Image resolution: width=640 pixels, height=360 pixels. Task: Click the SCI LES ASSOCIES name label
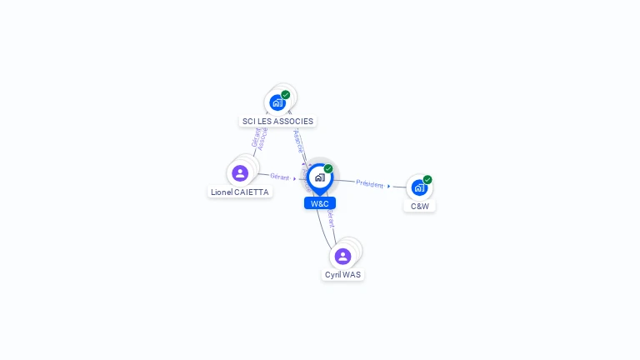277,121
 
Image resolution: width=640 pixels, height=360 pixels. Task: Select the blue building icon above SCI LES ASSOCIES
277,102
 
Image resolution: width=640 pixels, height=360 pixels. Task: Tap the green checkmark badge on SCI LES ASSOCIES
286,95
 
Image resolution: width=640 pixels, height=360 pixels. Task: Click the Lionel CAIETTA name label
240,192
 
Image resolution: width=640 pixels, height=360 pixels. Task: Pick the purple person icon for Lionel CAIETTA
240,173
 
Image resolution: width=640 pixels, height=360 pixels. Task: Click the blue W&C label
319,203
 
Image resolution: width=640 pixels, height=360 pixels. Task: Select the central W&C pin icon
319,177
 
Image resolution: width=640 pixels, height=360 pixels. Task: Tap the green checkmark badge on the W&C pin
328,169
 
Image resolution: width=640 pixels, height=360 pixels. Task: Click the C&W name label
419,206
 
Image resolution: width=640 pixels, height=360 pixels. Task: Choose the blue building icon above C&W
418,187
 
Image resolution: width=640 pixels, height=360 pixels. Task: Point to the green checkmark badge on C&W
427,180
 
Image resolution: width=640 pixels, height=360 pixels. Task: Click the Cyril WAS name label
342,274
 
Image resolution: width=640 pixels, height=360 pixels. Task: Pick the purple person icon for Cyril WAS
342,256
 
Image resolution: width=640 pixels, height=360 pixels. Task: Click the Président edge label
370,183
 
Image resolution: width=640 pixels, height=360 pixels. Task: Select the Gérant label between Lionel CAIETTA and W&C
279,177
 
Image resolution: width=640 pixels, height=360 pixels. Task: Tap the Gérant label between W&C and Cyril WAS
331,218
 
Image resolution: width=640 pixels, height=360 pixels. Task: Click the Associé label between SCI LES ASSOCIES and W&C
298,141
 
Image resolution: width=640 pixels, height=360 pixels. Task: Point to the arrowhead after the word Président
389,186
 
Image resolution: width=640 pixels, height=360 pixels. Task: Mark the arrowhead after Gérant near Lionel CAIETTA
295,178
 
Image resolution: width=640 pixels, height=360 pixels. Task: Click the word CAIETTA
252,192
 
